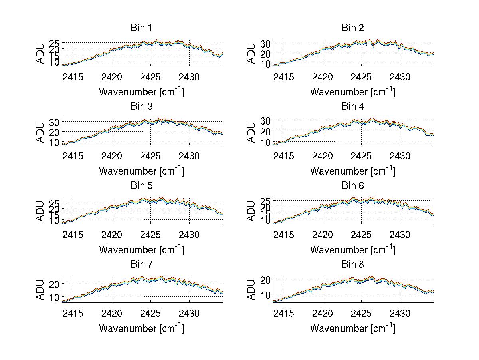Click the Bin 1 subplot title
point(141,28)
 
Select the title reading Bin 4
point(352,107)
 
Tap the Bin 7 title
point(141,265)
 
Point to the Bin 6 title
point(352,186)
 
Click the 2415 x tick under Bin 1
point(73,77)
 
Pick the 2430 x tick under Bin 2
point(400,77)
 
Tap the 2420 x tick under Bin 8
point(323,313)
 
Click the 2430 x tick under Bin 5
point(189,235)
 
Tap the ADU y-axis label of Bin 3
point(41,133)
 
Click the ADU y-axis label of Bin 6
point(252,211)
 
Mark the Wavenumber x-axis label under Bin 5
point(141,250)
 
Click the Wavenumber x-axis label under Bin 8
point(352,328)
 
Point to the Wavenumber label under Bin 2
point(352,92)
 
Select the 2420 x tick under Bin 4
point(323,155)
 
